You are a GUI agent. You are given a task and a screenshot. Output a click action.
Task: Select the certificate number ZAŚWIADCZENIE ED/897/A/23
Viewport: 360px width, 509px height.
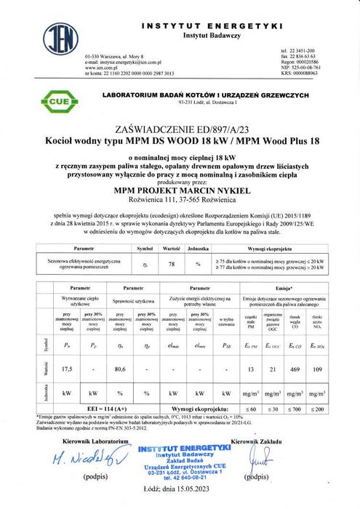(179, 124)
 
